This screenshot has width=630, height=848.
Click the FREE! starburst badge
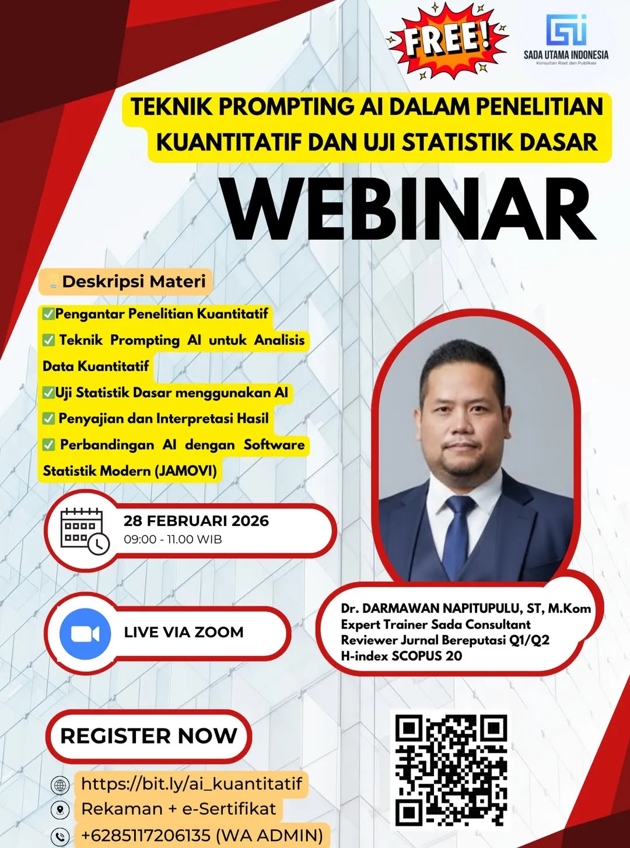coord(447,40)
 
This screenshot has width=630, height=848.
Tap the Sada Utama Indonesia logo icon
coord(566,30)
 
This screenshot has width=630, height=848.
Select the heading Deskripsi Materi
coord(134,282)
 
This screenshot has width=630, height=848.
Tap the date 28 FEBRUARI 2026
coord(196,521)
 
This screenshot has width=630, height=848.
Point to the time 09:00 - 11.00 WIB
coord(173,539)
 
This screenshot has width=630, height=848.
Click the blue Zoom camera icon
coord(85,633)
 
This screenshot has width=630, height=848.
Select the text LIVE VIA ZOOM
coord(184,632)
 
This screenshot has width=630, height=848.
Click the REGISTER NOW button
coord(149,736)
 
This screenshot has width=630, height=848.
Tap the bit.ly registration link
coord(191,783)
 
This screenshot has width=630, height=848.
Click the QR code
coord(451,770)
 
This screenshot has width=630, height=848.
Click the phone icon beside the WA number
coord(60,836)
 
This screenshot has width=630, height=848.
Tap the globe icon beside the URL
coord(60,785)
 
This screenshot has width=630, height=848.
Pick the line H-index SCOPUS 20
coord(401,656)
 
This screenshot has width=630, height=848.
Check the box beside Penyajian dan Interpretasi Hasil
coord(49,419)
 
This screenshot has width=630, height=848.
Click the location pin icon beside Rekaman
coord(60,810)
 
